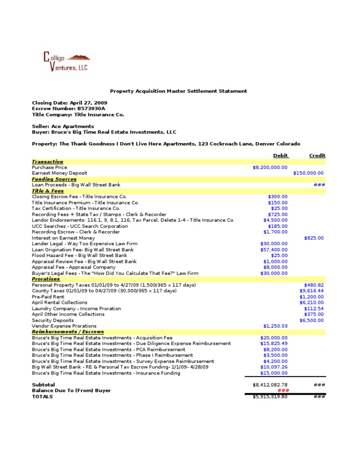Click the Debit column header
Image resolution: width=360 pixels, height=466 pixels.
[280, 156]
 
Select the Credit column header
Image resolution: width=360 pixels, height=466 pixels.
[317, 156]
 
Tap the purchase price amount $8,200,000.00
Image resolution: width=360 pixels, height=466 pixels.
[270, 167]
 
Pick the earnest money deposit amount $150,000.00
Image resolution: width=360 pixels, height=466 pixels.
[308, 173]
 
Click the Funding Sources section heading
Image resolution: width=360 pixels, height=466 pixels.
[54, 179]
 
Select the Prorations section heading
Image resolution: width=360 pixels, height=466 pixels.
[46, 279]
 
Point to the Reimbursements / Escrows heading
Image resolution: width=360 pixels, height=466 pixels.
[67, 332]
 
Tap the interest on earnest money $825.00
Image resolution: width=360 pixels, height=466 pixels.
[314, 238]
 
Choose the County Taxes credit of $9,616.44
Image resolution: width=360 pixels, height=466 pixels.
[311, 291]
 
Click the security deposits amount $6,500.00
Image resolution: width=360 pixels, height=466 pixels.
[311, 320]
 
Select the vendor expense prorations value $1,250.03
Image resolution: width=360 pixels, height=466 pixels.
[275, 326]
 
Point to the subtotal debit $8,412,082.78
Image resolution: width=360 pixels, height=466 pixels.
[270, 385]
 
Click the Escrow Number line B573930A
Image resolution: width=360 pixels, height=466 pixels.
[68, 109]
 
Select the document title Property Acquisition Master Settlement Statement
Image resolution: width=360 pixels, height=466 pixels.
[178, 91]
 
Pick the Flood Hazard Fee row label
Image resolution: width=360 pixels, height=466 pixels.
[79, 256]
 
